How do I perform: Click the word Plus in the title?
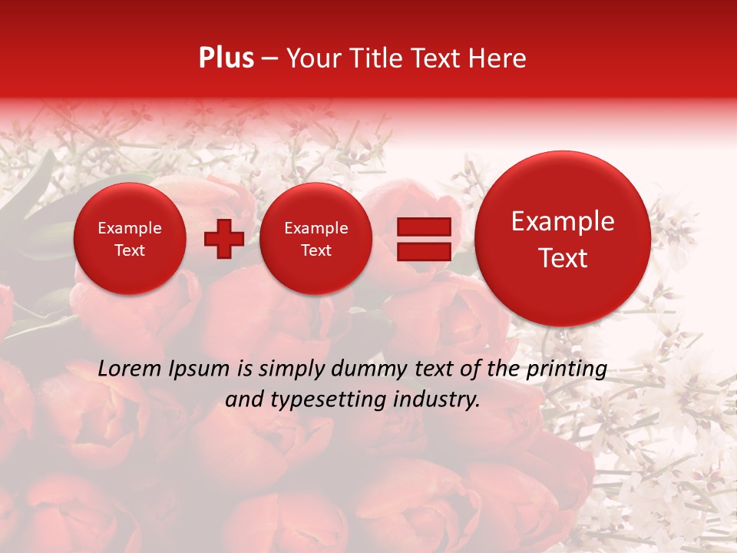(226, 58)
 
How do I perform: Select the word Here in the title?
(497, 58)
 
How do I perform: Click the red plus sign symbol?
(223, 239)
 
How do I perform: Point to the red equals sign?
(423, 239)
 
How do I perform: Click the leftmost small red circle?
(130, 239)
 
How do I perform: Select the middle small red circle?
(316, 239)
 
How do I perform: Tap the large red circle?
(563, 239)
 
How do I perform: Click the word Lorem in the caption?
(129, 369)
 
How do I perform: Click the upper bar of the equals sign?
(423, 227)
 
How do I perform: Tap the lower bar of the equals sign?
(423, 251)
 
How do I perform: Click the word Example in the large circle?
(563, 221)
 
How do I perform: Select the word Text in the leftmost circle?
(130, 250)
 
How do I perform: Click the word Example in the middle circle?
(316, 228)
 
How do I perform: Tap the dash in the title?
(269, 59)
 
